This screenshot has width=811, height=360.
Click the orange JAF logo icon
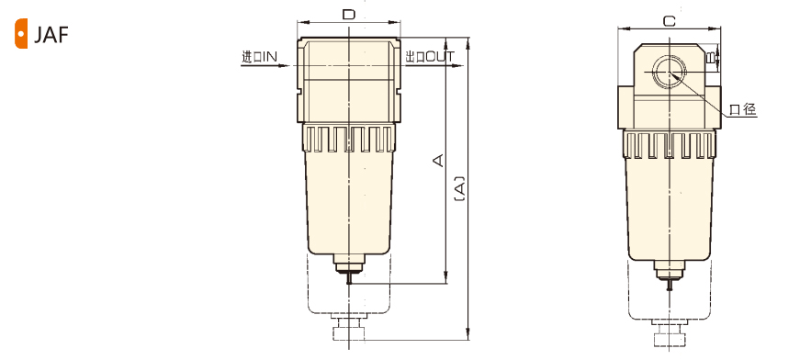21,34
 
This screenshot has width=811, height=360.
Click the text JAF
51,35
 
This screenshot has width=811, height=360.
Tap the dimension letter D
349,15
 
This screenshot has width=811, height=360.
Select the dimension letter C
670,21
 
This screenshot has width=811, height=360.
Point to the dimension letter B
712,57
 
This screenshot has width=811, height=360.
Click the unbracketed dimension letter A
438,160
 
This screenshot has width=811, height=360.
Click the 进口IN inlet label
259,57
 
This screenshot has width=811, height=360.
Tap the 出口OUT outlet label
429,57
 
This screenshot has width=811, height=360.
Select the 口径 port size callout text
743,109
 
